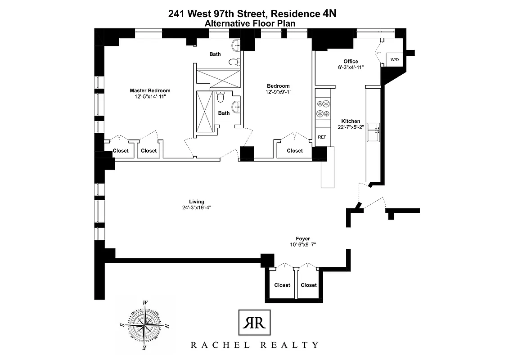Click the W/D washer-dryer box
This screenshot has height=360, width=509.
[394, 59]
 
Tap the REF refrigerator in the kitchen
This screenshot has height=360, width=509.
[322, 137]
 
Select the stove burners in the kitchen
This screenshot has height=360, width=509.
[322, 108]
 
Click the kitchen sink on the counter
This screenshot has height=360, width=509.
[373, 132]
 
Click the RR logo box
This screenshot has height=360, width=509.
[254, 323]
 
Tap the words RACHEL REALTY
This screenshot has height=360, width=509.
[255, 345]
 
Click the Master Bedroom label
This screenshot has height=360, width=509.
[150, 90]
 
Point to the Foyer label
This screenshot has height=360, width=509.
[303, 239]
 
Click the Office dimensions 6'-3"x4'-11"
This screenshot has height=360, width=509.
[351, 67]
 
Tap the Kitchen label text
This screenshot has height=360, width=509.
[351, 121]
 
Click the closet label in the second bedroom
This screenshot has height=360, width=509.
[295, 151]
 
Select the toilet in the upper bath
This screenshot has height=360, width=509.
[233, 62]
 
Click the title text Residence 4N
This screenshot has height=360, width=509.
[303, 14]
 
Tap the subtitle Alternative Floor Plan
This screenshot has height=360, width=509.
[252, 23]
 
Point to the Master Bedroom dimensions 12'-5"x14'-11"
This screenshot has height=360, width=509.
[150, 96]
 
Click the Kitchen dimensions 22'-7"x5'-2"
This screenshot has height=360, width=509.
[351, 127]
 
